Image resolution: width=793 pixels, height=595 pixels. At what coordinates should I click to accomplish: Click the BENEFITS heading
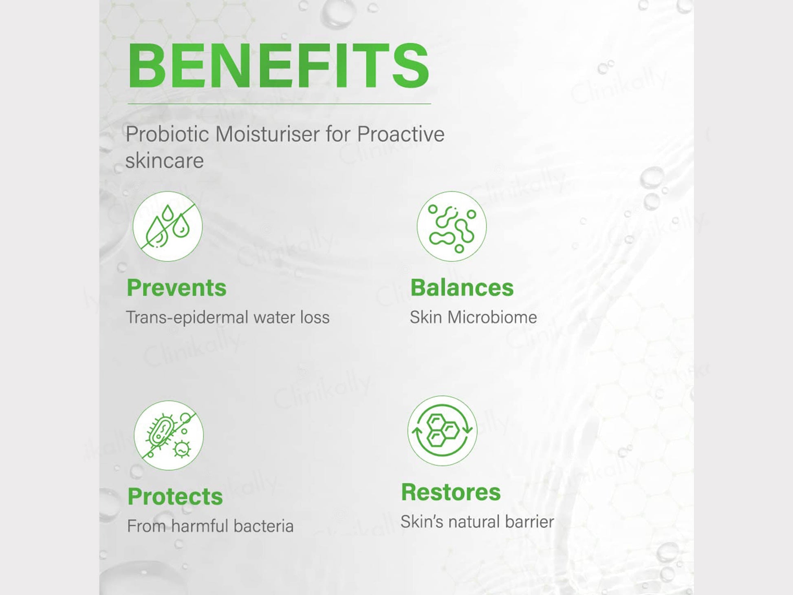pos(278,65)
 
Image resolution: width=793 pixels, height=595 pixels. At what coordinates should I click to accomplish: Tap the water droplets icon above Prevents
pos(167,226)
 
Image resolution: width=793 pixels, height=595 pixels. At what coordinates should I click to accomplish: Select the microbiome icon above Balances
pos(452,226)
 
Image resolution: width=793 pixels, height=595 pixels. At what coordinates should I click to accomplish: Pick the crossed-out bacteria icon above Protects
pos(168,435)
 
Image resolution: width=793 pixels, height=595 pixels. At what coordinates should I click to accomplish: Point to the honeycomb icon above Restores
pos(442,431)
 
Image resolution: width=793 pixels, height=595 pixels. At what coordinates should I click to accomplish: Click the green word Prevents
pos(176,288)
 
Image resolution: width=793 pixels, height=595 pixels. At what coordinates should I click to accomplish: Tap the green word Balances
pos(462,288)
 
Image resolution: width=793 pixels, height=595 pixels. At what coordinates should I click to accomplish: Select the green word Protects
pos(175,497)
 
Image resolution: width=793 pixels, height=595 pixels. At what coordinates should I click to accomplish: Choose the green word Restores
pos(451,492)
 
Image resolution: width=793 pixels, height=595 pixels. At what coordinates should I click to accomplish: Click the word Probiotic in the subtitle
pos(167,134)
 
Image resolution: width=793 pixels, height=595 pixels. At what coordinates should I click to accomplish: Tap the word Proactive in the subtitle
pos(401,134)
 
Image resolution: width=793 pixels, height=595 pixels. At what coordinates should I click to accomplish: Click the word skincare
pos(164,161)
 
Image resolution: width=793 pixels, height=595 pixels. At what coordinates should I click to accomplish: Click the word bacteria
pos(264,526)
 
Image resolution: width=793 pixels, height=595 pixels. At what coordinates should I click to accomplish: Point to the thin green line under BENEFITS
pos(279,104)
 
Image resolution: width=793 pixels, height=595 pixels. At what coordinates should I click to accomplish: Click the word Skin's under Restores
pos(421,522)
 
